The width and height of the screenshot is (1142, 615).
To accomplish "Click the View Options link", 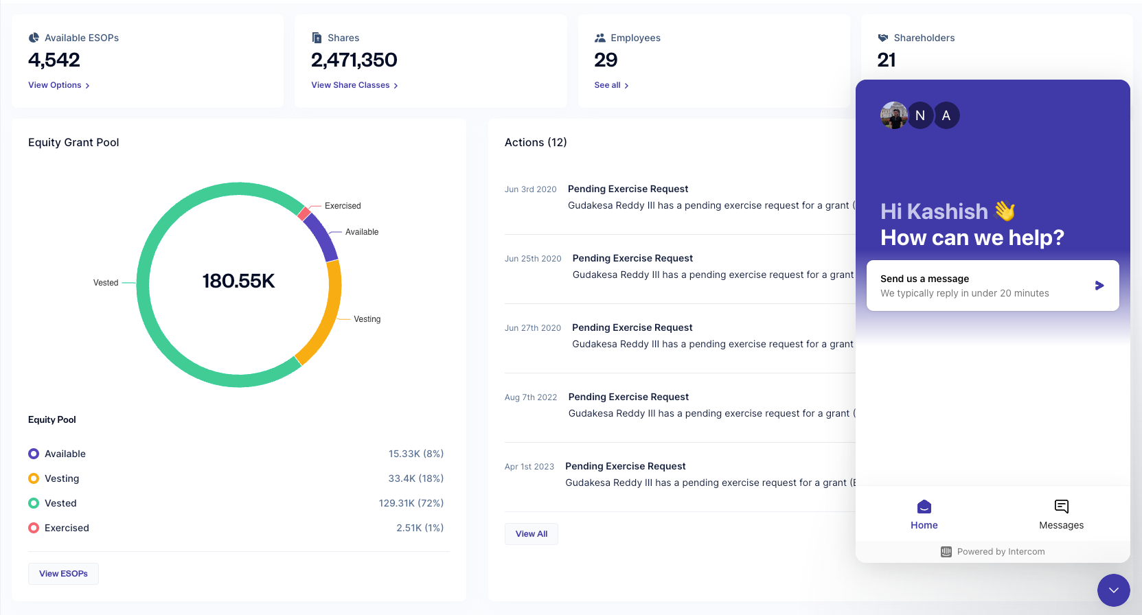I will coord(58,85).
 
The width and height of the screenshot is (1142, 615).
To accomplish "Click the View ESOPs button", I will coord(63,574).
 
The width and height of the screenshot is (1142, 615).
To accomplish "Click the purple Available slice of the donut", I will coord(321,235).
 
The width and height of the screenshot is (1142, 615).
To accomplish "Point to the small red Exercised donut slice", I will coord(304,213).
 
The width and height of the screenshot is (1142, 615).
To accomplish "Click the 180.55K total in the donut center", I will coord(238,281).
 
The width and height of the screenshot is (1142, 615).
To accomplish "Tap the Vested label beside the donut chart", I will coord(106,283).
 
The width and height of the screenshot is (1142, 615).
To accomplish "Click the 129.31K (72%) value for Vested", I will coord(411,503).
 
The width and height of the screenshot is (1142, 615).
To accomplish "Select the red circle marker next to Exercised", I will coord(34,528).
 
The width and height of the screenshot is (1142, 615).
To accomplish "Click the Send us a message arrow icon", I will coord(1099,286).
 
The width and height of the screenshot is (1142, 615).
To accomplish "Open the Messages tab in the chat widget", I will coord(1061,514).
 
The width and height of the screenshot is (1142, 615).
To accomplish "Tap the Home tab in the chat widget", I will coord(924,514).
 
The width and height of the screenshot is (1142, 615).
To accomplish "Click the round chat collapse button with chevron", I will coord(1113,590).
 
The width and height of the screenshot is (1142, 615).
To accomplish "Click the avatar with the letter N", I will coord(920,115).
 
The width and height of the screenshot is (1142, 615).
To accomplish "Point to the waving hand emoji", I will coord(1005,211).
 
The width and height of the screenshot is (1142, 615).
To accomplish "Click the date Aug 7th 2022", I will coord(531,397).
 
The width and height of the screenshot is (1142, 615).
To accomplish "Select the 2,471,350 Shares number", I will coord(354,60).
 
